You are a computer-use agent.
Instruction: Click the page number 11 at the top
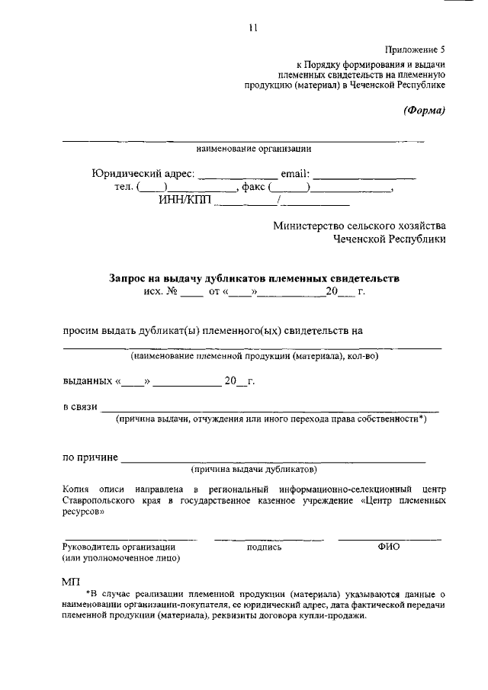pyautogui.click(x=253, y=28)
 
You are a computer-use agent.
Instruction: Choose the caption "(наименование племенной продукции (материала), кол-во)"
pyautogui.click(x=254, y=356)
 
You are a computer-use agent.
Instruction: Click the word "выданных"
pyautogui.click(x=86, y=381)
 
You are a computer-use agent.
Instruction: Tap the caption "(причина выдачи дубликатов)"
pyautogui.click(x=254, y=469)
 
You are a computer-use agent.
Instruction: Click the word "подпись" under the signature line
pyautogui.click(x=265, y=547)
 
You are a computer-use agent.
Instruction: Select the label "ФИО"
pyautogui.click(x=388, y=547)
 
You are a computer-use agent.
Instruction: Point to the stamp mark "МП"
pyautogui.click(x=71, y=582)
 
